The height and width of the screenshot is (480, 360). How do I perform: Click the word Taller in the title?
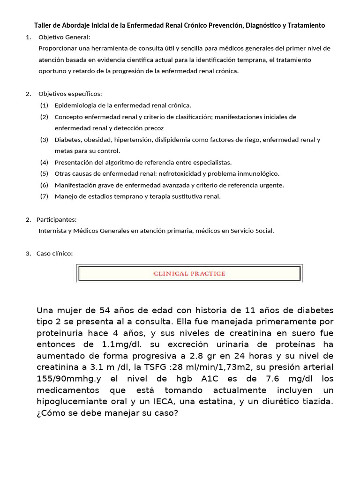point(44,25)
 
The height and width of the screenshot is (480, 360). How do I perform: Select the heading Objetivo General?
point(64,37)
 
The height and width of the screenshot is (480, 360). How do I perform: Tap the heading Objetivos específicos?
point(70,94)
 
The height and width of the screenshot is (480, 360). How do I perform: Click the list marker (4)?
point(44,162)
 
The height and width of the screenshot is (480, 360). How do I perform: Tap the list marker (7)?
point(44,196)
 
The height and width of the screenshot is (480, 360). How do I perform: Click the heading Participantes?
point(57,219)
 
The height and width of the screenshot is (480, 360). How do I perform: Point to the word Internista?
point(53,231)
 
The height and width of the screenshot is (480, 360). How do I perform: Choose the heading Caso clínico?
point(55,254)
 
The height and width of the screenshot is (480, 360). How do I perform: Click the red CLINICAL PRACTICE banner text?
point(189,274)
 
